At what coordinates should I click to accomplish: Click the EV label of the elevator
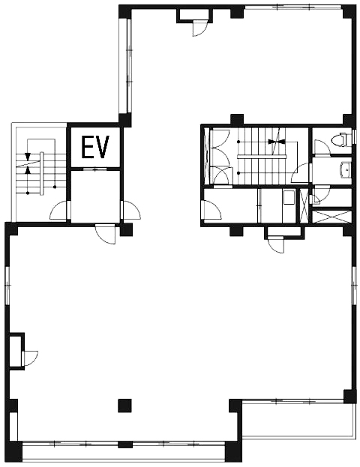(x=95, y=147)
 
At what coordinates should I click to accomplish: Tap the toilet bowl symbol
(x=341, y=139)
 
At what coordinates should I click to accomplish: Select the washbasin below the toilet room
(x=346, y=169)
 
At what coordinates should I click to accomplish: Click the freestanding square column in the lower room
(x=124, y=406)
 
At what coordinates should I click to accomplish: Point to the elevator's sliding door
(x=94, y=169)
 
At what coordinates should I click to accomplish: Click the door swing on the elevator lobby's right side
(x=131, y=211)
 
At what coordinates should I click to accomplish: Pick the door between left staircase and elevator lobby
(x=59, y=211)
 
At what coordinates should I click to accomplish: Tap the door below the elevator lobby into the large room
(x=106, y=234)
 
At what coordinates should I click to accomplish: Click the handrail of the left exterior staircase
(x=42, y=173)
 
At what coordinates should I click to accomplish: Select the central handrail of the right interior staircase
(x=262, y=157)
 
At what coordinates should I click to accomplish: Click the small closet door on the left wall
(x=30, y=358)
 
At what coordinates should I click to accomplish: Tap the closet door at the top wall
(x=200, y=28)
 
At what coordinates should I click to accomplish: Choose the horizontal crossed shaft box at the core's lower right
(x=331, y=217)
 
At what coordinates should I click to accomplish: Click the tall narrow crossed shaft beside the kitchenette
(x=304, y=206)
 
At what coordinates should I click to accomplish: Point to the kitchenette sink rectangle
(x=289, y=197)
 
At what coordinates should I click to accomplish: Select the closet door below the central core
(x=276, y=245)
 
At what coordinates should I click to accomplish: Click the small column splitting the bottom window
(x=124, y=445)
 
